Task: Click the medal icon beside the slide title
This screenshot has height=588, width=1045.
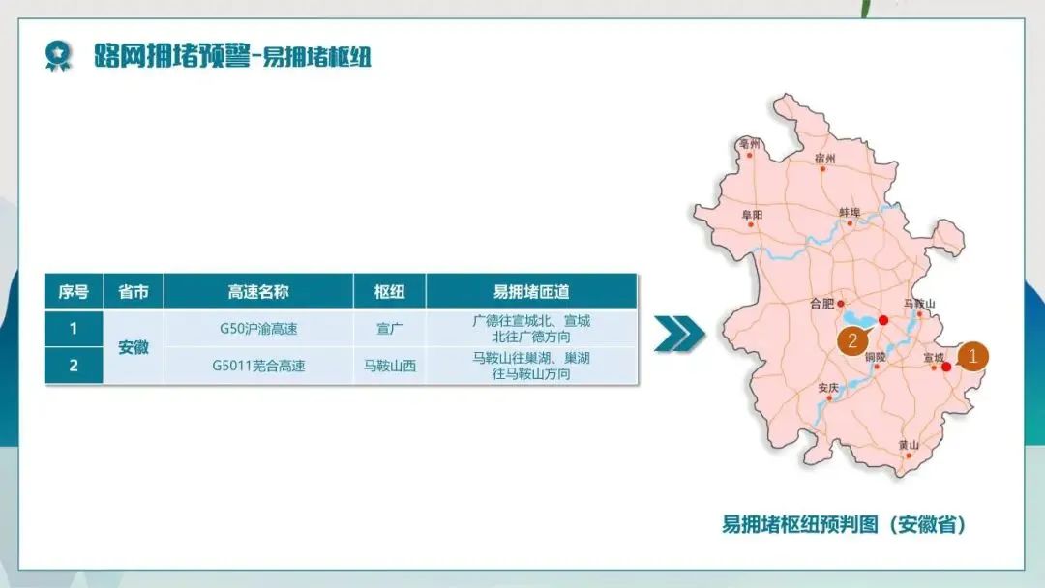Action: click(58, 56)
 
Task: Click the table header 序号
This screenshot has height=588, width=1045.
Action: click(74, 292)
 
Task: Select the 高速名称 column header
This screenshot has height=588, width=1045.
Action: click(258, 292)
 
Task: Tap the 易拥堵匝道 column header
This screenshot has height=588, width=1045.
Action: click(531, 292)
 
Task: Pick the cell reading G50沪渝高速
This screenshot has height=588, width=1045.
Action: click(258, 329)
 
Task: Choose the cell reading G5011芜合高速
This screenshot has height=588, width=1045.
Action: click(258, 366)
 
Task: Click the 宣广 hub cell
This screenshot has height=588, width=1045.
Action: click(389, 329)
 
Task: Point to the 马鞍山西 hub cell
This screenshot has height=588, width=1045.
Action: click(389, 366)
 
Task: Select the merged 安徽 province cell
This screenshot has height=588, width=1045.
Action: click(134, 347)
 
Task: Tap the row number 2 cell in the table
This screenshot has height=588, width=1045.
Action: click(74, 366)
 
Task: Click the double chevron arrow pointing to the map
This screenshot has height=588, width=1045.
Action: click(679, 334)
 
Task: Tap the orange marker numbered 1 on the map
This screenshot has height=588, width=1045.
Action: click(972, 356)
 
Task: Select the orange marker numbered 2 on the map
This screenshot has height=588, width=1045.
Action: click(853, 341)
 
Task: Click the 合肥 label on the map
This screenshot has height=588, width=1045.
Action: click(822, 304)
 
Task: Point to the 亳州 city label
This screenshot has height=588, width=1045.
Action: click(749, 143)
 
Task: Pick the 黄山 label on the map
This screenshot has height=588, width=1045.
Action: click(909, 444)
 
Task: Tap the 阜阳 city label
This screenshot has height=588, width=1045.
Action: click(753, 215)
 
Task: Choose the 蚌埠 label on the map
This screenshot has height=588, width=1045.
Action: click(850, 212)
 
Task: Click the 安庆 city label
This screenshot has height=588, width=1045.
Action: click(828, 388)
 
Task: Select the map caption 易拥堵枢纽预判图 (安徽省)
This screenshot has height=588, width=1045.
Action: click(845, 524)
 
